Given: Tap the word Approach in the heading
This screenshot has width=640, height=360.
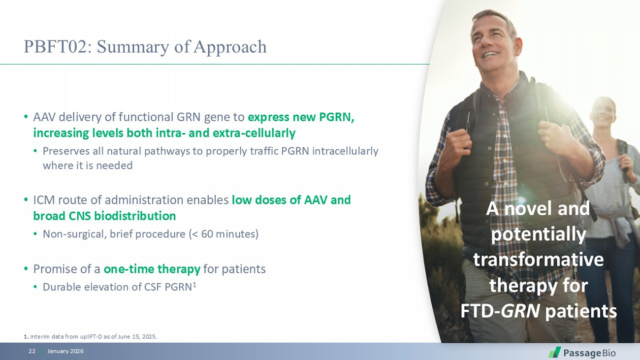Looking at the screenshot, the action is [230, 47].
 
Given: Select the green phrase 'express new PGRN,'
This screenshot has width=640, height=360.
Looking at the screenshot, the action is [301, 117].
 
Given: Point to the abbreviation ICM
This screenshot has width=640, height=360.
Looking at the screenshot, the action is [44, 200].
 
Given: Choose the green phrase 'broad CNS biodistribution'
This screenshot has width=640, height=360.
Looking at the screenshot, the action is [104, 216].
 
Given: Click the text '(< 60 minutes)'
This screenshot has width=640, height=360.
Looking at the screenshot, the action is [224, 234].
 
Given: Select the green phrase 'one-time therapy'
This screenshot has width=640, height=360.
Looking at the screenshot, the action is [152, 269].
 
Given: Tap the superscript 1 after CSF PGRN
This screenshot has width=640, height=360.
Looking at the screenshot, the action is [194, 284].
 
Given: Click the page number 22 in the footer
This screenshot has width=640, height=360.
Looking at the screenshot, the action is [32, 351].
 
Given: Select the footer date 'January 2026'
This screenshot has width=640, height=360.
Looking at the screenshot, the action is [65, 351].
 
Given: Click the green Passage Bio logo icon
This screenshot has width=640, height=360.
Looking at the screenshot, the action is [554, 352].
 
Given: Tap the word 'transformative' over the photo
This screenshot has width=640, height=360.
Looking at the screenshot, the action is [538, 260].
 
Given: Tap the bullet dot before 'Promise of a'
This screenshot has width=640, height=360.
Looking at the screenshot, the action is [26, 269].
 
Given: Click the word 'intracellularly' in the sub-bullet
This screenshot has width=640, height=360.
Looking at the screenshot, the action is [345, 151].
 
